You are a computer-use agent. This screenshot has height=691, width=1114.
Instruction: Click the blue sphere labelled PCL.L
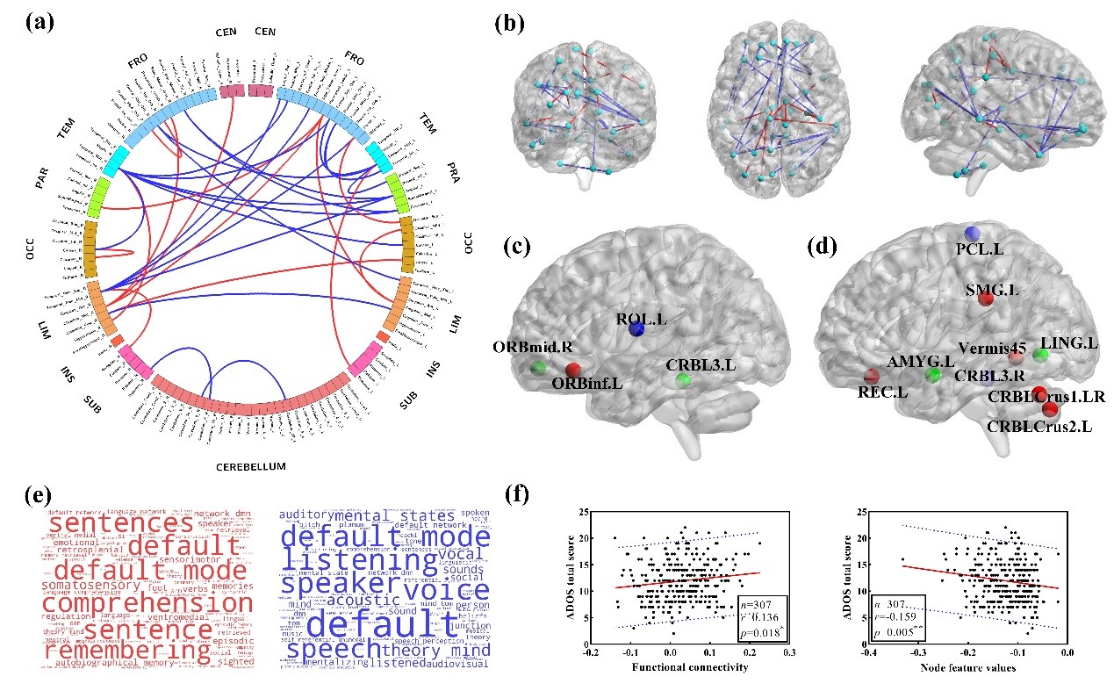[972, 234]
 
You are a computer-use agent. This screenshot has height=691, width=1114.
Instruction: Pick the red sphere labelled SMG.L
[985, 299]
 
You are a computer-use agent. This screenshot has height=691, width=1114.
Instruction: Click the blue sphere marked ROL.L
[637, 328]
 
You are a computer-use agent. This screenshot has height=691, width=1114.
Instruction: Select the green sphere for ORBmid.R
[539, 367]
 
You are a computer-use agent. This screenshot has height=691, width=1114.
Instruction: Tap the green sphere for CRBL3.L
[683, 380]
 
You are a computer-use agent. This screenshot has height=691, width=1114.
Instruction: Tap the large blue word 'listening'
[359, 559]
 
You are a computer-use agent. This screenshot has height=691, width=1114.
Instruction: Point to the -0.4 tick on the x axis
[867, 653]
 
